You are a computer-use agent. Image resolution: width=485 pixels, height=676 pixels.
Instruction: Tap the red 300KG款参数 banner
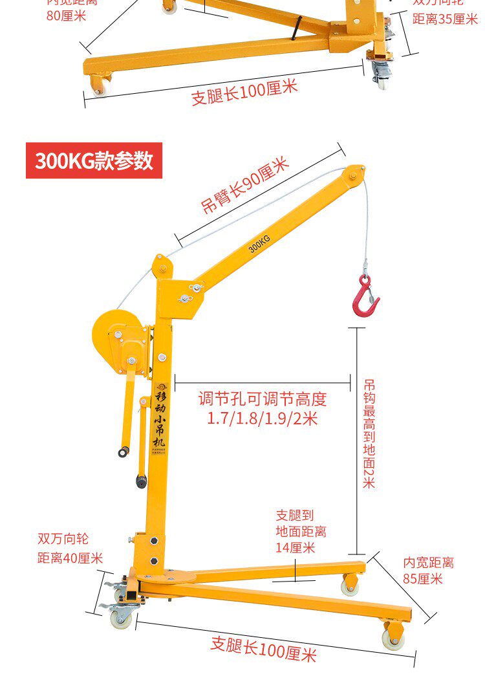coord(94,160)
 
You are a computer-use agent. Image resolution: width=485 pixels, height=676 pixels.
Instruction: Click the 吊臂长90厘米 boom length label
coord(245,186)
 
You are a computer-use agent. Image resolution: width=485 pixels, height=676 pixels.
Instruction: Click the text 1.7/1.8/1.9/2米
coord(263,419)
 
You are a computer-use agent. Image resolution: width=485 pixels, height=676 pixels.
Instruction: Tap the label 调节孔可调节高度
coord(263,398)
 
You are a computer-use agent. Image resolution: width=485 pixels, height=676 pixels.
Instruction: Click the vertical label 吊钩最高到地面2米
coord(369,433)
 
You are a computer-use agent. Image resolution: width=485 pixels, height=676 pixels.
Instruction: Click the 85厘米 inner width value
coord(423,579)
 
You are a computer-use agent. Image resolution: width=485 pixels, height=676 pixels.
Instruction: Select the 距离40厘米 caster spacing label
coord(70,558)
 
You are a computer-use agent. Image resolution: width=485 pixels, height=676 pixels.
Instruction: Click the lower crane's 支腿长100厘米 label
coord(263,648)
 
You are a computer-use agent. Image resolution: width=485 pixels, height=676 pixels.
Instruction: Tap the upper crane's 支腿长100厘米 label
coord(244,91)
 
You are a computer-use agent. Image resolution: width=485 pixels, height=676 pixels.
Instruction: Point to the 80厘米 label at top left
coord(66,15)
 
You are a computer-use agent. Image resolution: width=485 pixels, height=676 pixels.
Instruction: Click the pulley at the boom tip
coord(353,175)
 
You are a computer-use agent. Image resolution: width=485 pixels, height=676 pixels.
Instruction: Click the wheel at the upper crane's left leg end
coord(101,85)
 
